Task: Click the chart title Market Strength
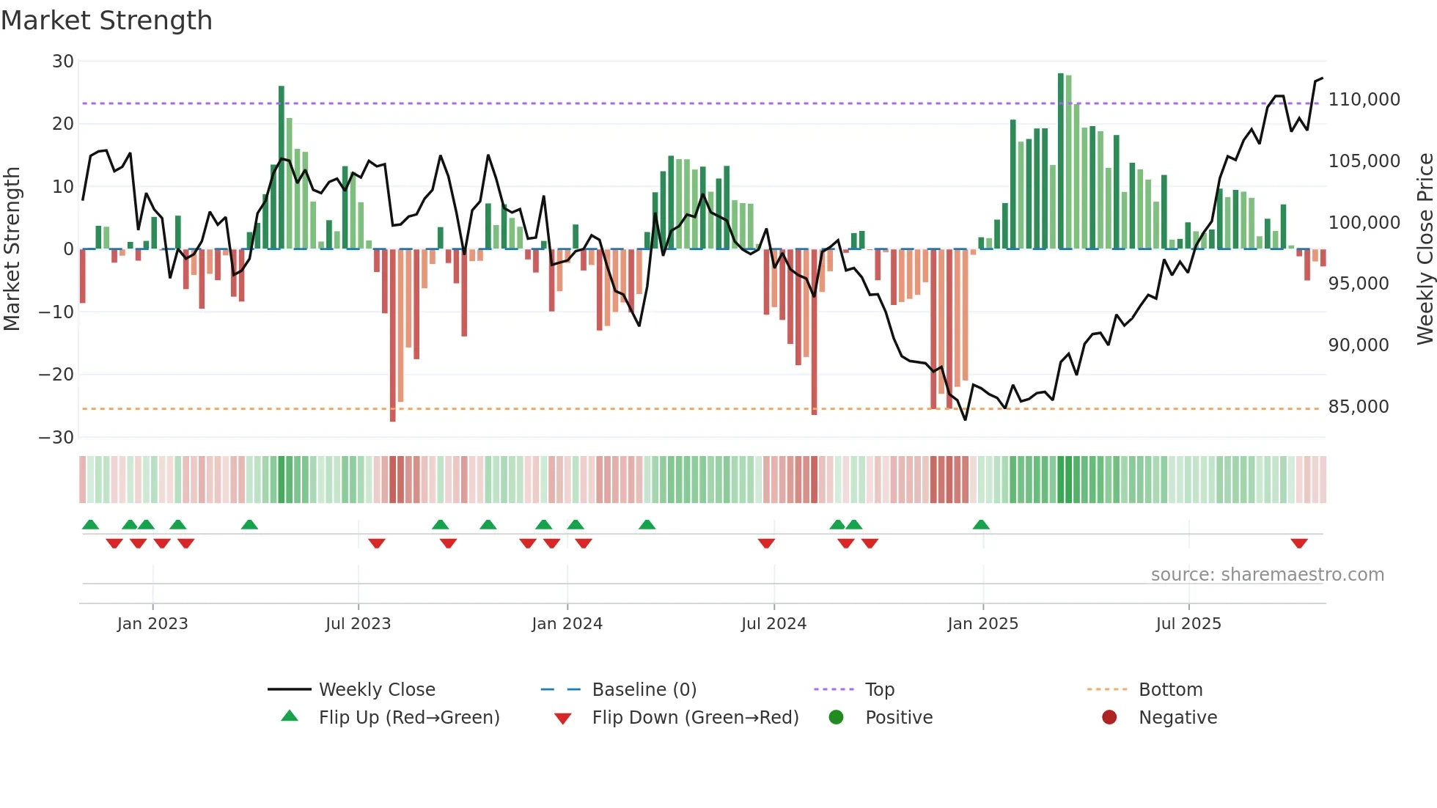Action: pos(106,21)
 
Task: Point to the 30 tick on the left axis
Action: pos(63,62)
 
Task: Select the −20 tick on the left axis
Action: pos(56,375)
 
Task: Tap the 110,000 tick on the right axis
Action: pos(1364,100)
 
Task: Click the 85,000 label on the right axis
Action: pos(1358,407)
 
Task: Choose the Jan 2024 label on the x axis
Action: pos(567,624)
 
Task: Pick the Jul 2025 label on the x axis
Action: pos(1188,624)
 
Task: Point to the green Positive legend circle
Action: pos(836,718)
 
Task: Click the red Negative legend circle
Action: pos(1109,718)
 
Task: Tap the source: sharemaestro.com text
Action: pos(1267,575)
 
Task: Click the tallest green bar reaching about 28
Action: pos(1060,161)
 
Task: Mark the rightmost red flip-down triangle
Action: pos(1299,543)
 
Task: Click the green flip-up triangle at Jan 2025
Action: pos(981,524)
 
